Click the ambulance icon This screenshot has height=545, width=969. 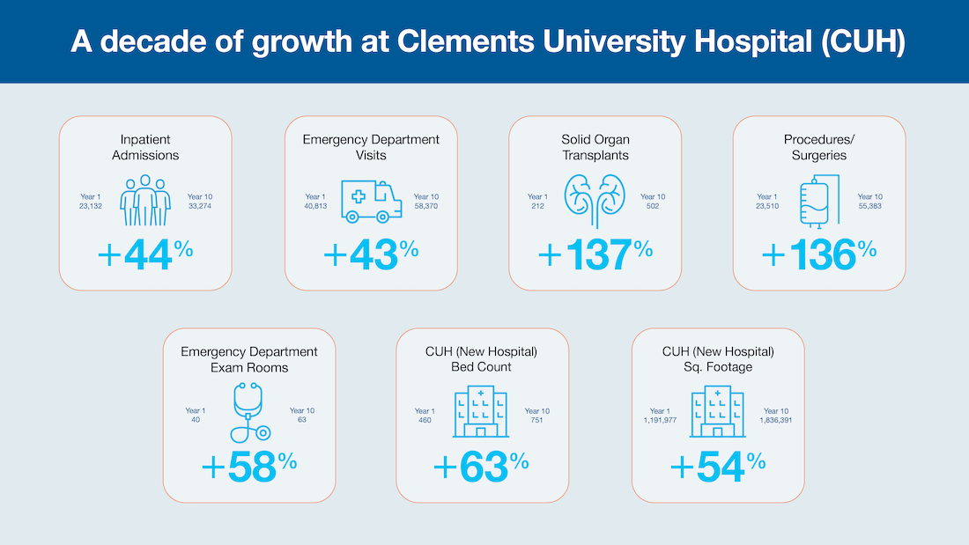click(370, 202)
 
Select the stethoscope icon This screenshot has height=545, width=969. click(248, 411)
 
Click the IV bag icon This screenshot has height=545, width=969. click(818, 202)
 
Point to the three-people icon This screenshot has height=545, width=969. click(145, 202)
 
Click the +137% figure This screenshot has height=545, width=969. click(595, 254)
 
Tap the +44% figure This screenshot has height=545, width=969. click(145, 254)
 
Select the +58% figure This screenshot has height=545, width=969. click(249, 467)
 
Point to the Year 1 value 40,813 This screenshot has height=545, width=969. click(315, 207)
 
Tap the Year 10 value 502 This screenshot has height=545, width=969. click(653, 207)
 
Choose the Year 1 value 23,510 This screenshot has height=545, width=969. click(767, 207)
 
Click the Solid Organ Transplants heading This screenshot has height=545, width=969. click(595, 147)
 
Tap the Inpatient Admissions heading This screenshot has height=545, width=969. click(145, 147)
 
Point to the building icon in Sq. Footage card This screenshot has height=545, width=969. click(718, 411)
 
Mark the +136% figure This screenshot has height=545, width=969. click(819, 254)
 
